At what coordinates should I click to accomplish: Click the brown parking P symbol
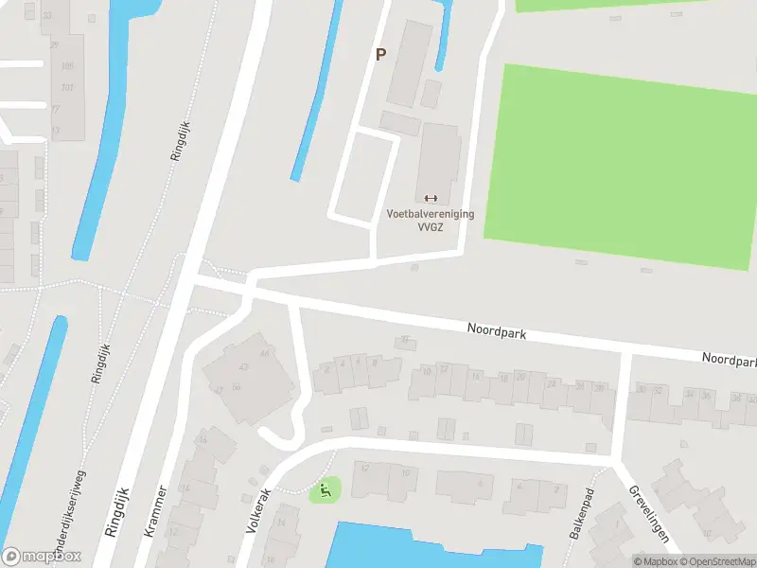[x=380, y=55]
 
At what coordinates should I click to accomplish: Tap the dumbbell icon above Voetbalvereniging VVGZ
[x=431, y=198]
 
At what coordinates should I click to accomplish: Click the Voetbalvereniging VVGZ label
[x=431, y=221]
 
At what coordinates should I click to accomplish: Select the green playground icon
[x=325, y=490]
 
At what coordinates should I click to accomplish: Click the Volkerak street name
[x=257, y=510]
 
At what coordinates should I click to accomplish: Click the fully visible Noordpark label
[x=497, y=331]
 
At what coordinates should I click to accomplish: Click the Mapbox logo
[x=42, y=557]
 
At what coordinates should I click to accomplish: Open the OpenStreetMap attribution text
[x=714, y=561]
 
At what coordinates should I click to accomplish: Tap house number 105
[x=66, y=66]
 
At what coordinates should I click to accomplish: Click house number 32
[x=657, y=389]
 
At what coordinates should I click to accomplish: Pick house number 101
[x=66, y=88]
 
